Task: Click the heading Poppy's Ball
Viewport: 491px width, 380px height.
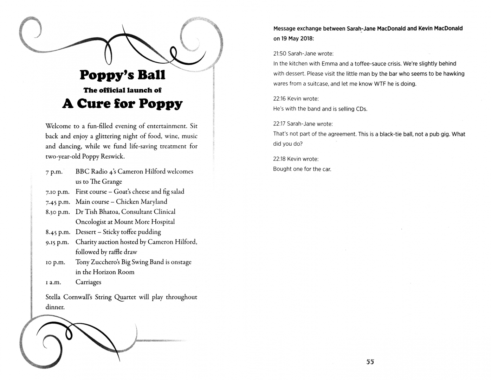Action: pyautogui.click(x=122, y=75)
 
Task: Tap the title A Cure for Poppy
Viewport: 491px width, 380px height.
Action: pyautogui.click(x=122, y=103)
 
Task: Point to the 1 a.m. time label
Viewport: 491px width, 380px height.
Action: pyautogui.click(x=53, y=283)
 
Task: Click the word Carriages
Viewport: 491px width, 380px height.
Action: pyautogui.click(x=88, y=282)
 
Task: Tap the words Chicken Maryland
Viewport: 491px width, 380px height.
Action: pyautogui.click(x=141, y=202)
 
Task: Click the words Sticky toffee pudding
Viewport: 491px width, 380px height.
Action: pyautogui.click(x=132, y=232)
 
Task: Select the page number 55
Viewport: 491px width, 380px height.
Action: pyautogui.click(x=370, y=362)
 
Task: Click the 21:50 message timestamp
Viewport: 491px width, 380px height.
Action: pyautogui.click(x=279, y=54)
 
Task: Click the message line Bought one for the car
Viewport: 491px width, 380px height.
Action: pyautogui.click(x=302, y=169)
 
